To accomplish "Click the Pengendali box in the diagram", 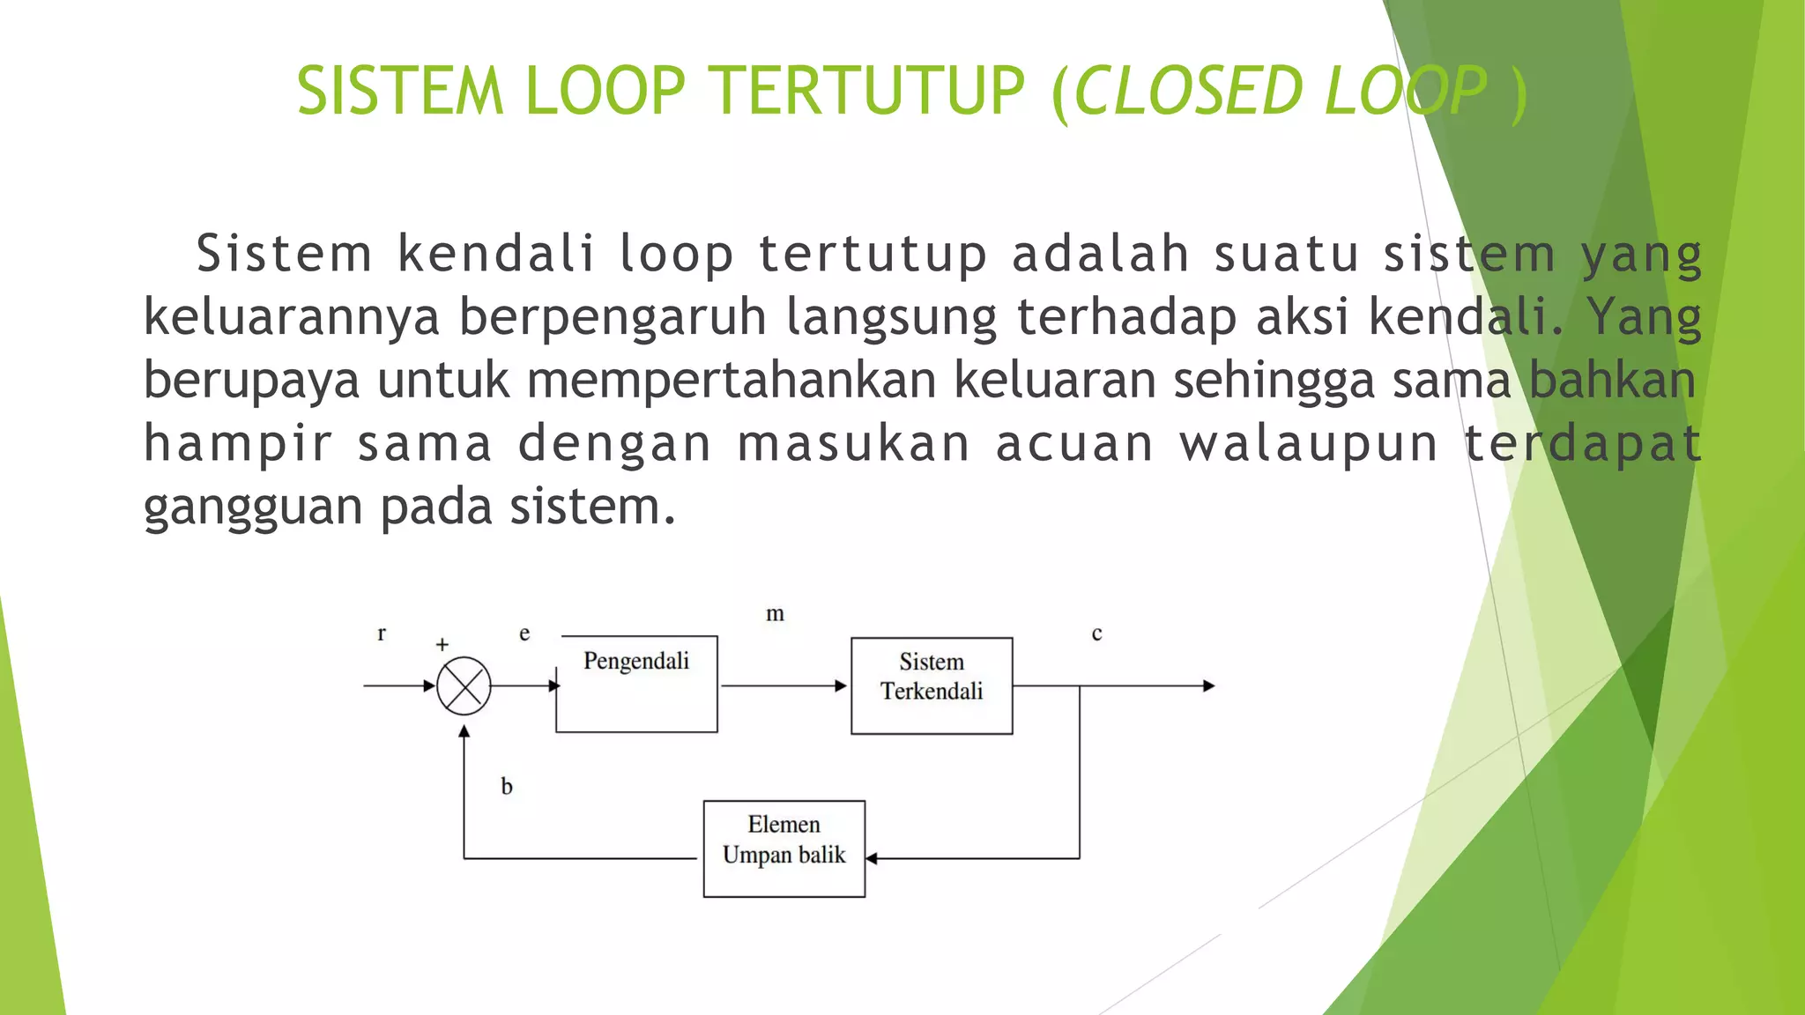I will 636,684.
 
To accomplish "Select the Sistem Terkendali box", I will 932,685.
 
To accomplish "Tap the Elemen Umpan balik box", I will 784,848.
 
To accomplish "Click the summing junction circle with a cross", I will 464,685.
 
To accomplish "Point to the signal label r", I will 382,633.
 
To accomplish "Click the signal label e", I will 524,633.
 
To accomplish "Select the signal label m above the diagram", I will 775,613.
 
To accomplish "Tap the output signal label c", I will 1096,633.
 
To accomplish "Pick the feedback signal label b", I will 507,786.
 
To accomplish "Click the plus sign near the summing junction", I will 442,645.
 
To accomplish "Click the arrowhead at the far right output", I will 1208,685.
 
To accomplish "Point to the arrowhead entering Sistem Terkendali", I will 841,685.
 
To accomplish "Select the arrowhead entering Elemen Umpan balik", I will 872,858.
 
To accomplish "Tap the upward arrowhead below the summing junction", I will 464,730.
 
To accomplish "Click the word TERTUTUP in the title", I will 867,91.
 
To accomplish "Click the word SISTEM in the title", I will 400,91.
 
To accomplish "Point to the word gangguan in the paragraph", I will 253,507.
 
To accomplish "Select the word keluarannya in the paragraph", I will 291,317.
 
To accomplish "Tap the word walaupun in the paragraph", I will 1309,443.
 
